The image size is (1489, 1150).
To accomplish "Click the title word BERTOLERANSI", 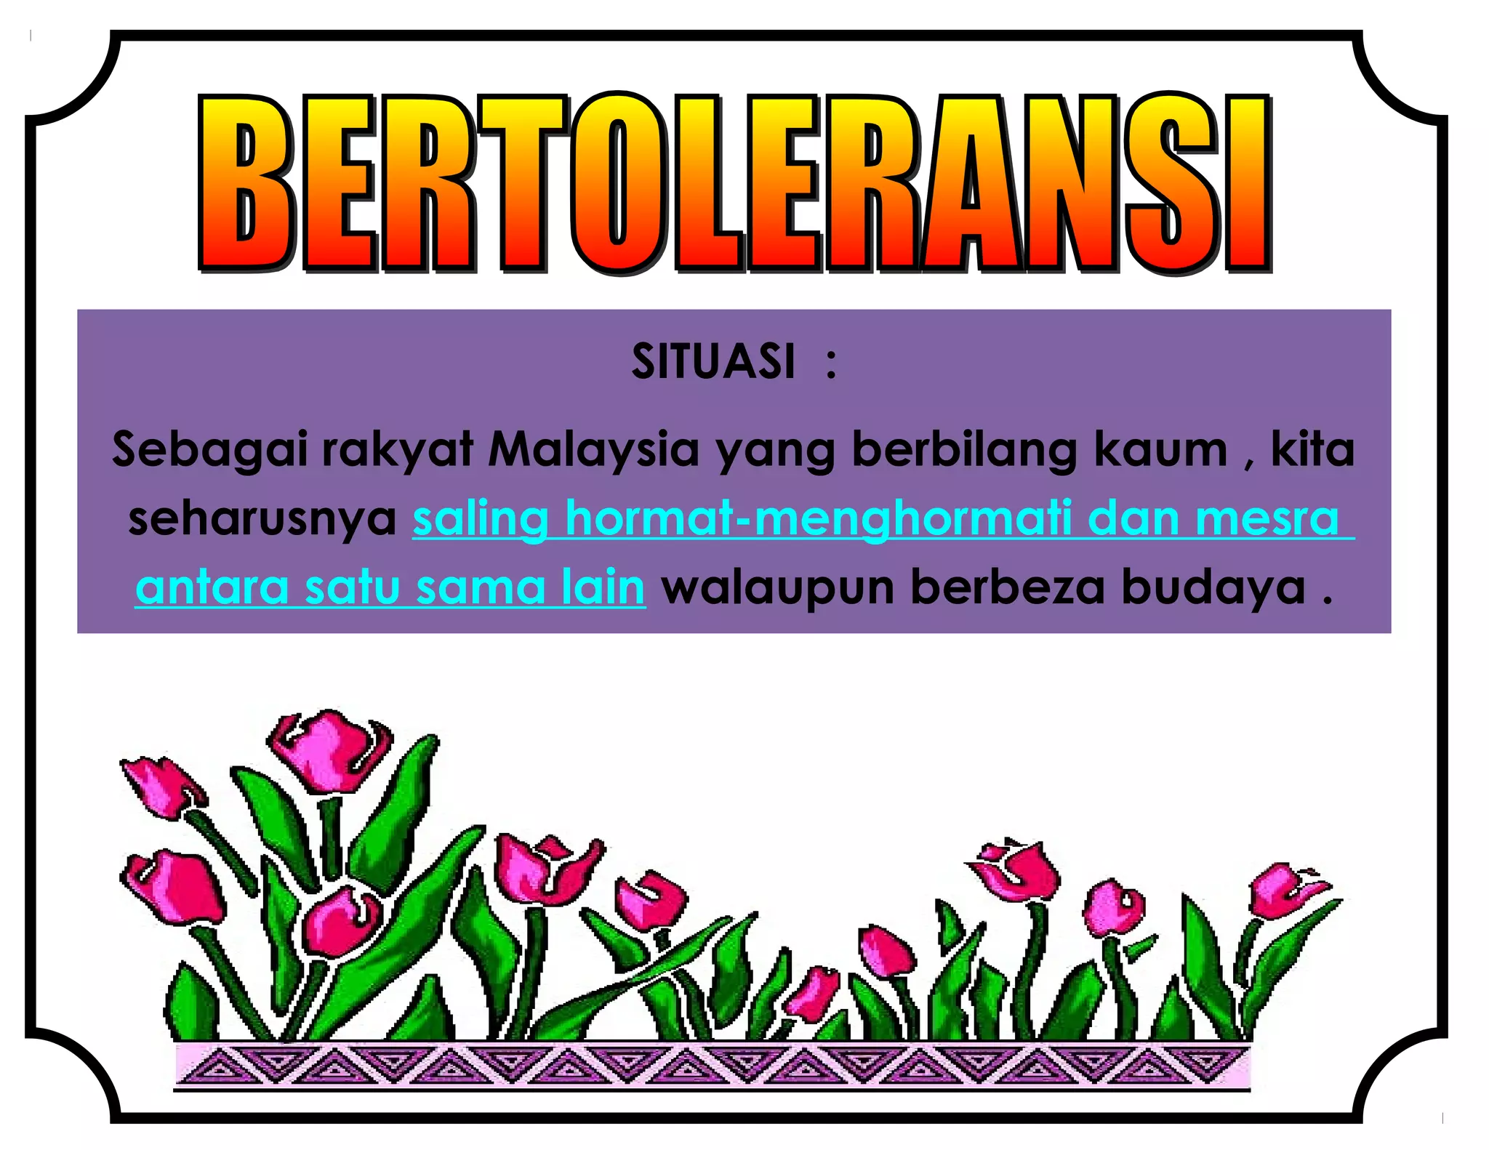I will tap(734, 183).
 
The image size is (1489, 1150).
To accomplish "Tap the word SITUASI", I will tap(713, 361).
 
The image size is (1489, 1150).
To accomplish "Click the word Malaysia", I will tap(593, 449).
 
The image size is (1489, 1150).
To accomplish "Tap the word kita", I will tap(1313, 449).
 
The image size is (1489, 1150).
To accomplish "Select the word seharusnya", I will tap(262, 519).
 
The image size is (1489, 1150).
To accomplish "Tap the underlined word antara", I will tap(212, 587).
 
